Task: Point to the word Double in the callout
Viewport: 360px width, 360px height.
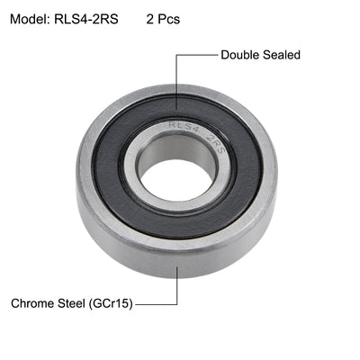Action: click(242, 55)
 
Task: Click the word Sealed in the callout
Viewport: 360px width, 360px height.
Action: click(283, 55)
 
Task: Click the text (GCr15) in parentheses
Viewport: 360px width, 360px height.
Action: click(113, 304)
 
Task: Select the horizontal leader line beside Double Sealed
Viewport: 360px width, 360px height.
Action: click(197, 55)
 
